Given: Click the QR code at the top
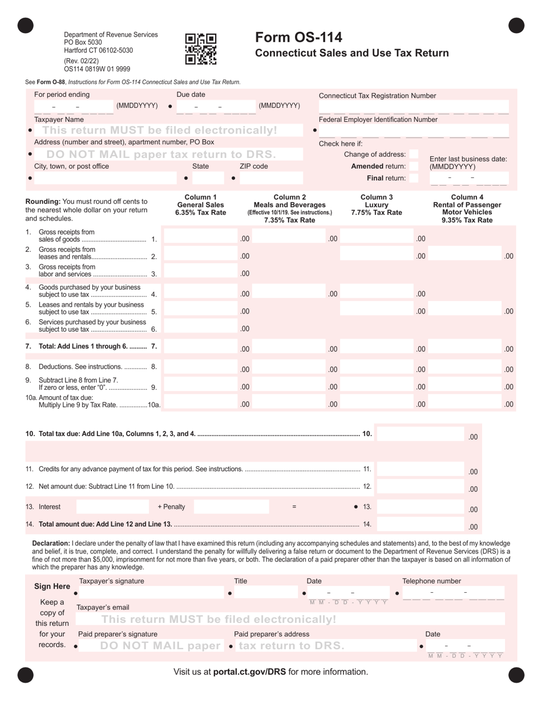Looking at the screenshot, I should pyautogui.click(x=201, y=48).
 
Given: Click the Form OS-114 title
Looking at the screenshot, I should pyautogui.click(x=298, y=38).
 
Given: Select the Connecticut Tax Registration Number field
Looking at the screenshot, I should pyautogui.click(x=413, y=107).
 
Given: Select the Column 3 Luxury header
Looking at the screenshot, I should pyautogui.click(x=377, y=205).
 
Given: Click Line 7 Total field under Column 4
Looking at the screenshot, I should pyautogui.click(x=464, y=349).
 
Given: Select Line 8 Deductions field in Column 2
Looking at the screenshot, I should pyautogui.click(x=288, y=369).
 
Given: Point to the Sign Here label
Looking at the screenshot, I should pyautogui.click(x=52, y=586).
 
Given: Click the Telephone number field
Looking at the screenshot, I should pyautogui.click(x=453, y=593).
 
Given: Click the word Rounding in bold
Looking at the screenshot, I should pyautogui.click(x=43, y=201).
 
